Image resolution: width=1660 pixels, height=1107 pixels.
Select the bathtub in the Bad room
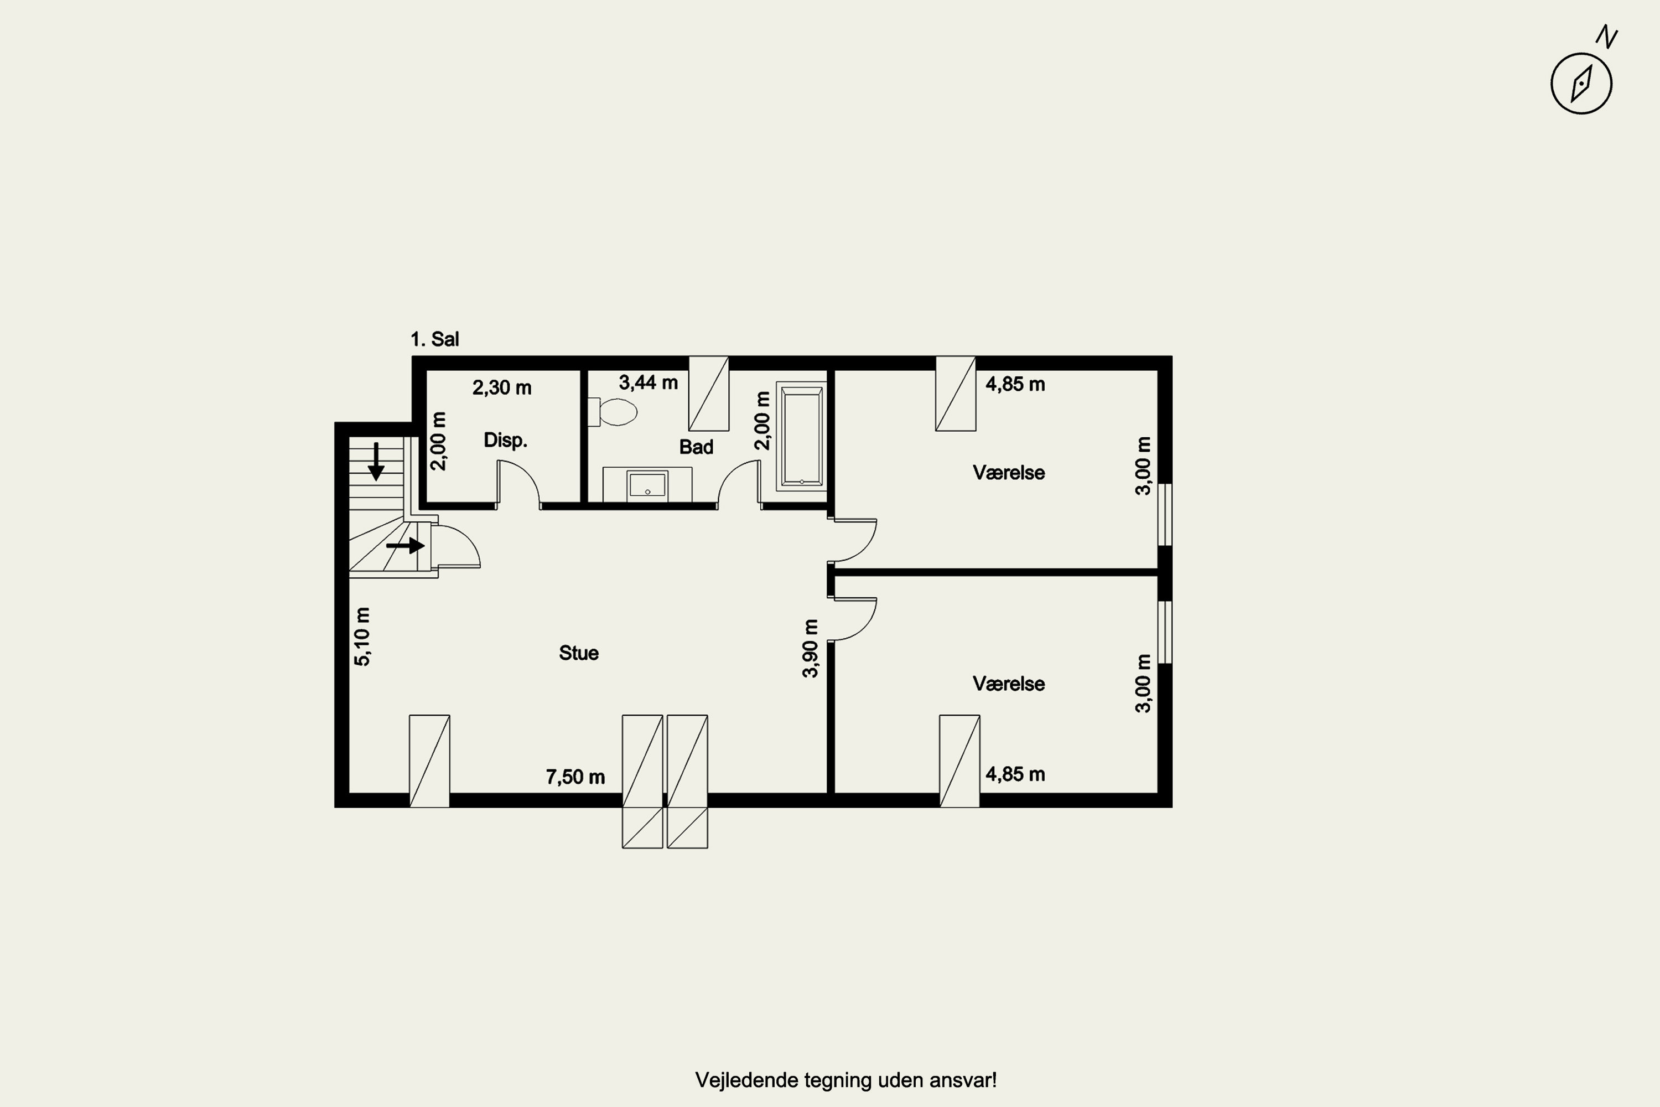(801, 436)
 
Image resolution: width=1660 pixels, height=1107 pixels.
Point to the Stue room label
(579, 653)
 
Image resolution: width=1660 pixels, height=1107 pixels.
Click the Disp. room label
(505, 441)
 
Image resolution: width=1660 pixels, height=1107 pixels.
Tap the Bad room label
(696, 447)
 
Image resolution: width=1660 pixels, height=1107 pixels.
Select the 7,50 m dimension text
(575, 777)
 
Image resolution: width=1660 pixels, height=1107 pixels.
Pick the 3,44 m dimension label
(648, 382)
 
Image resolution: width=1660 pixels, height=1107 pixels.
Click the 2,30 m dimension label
(502, 387)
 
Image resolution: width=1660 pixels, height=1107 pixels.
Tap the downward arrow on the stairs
(376, 462)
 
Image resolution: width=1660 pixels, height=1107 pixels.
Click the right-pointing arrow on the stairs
(405, 546)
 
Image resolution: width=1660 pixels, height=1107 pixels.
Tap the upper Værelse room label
(1009, 472)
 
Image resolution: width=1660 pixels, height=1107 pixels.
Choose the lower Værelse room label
(1009, 684)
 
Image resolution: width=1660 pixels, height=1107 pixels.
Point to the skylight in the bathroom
(709, 393)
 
